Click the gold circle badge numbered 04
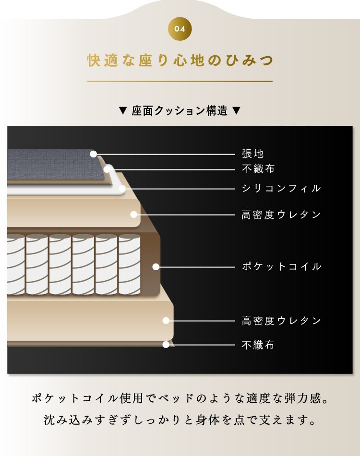(180, 29)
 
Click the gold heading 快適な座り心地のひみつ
(180, 61)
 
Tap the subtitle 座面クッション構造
(180, 111)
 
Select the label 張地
(252, 154)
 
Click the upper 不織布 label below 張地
(258, 169)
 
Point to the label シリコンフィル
(281, 189)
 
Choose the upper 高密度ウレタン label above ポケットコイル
(281, 215)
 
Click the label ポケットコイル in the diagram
(281, 267)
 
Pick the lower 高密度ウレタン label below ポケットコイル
(281, 321)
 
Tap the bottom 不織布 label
(258, 345)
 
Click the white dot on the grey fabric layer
(94, 154)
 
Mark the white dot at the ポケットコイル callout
(156, 267)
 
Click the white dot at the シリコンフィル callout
(122, 189)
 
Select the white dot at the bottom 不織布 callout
(166, 344)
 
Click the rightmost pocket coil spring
(129, 264)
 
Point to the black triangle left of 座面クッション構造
(122, 111)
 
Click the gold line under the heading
(180, 82)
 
